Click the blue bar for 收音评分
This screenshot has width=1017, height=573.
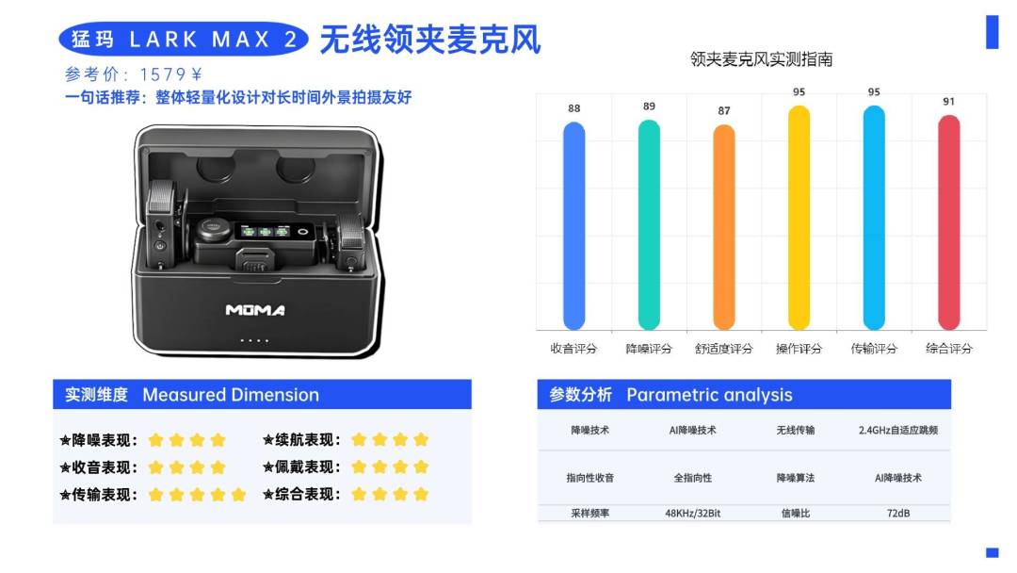[574, 226]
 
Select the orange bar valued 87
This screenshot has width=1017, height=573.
[724, 227]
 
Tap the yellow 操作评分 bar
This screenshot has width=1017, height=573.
[799, 218]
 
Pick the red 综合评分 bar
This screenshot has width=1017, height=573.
[949, 222]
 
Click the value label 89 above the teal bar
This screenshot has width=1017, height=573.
[649, 106]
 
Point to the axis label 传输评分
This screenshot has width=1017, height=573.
[874, 349]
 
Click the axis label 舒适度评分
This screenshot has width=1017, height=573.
[724, 349]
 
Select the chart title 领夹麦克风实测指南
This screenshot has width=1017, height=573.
[762, 59]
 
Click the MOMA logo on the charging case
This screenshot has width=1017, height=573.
[255, 310]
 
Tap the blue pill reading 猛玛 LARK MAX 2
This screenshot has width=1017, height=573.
[184, 39]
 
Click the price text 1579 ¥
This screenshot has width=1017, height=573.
[171, 74]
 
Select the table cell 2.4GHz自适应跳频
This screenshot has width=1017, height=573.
[898, 431]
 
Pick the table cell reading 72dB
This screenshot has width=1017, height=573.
[898, 514]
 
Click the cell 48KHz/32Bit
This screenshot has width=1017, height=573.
[693, 514]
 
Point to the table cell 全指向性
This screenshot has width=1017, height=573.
[693, 478]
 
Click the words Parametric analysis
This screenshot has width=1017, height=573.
[710, 395]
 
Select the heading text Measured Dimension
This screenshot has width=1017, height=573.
[231, 395]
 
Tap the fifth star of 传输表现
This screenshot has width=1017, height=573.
[238, 495]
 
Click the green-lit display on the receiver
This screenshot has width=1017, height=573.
[266, 231]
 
